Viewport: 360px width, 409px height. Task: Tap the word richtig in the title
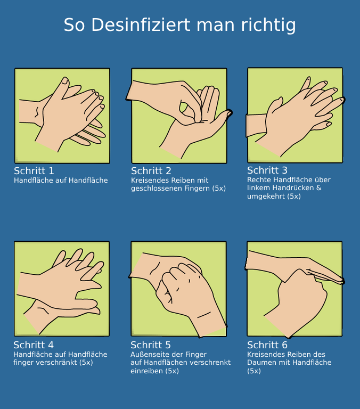tap(268, 26)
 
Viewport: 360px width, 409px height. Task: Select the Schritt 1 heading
tap(34, 171)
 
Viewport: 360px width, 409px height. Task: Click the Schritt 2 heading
tap(151, 171)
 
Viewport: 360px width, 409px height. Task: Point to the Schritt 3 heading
tap(267, 170)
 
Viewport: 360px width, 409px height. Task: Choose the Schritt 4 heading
tap(34, 345)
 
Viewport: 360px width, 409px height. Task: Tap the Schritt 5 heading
tap(151, 345)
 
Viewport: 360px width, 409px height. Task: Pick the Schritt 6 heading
tap(267, 345)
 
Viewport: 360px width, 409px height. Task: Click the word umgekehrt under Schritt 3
tap(266, 197)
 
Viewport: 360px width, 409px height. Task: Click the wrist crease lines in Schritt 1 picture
tap(37, 112)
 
